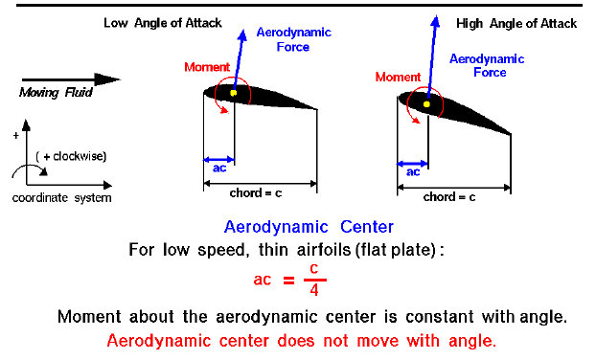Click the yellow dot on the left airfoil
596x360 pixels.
pos(233,93)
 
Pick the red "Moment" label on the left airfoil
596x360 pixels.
pos(207,67)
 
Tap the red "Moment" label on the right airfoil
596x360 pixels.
pos(398,77)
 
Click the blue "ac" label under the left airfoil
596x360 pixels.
pos(218,167)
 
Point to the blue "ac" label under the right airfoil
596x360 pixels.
pos(413,173)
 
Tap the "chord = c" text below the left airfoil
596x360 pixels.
pos(260,192)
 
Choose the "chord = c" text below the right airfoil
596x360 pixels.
pos(449,196)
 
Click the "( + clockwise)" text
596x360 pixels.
pos(69,156)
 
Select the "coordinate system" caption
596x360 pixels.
pos(61,198)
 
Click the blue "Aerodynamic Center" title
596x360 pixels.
pos(308,228)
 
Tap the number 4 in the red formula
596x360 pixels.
pos(314,288)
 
